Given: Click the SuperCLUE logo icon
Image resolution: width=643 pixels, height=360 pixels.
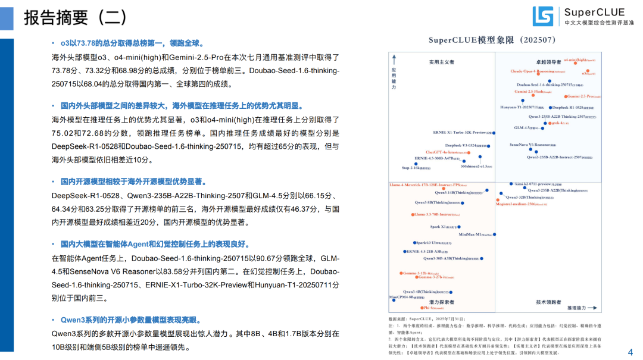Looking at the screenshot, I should pyautogui.click(x=542, y=16).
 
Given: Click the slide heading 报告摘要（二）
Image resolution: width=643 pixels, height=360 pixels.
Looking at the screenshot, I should pyautogui.click(x=75, y=18).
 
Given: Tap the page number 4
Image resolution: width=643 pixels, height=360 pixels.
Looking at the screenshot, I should pyautogui.click(x=630, y=352).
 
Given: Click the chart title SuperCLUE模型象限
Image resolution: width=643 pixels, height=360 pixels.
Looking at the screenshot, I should pyautogui.click(x=492, y=40).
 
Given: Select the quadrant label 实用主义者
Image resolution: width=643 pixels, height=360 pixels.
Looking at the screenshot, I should pyautogui.click(x=441, y=61).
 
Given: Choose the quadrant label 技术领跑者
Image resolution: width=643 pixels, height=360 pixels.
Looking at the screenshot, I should pyautogui.click(x=548, y=302).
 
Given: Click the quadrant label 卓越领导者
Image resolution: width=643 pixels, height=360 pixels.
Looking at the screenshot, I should pyautogui.click(x=548, y=61).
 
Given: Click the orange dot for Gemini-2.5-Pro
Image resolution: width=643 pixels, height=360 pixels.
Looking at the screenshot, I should pyautogui.click(x=565, y=96).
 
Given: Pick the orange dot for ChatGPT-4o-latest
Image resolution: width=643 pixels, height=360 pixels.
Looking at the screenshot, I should pyautogui.click(x=469, y=152).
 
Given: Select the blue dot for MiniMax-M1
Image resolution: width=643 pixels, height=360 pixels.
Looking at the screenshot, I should pyautogui.click(x=494, y=234).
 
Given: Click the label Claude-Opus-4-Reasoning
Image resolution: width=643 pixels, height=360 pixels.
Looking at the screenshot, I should pyautogui.click(x=532, y=71).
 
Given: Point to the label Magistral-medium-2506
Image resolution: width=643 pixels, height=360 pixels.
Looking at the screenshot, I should pyautogui.click(x=521, y=204).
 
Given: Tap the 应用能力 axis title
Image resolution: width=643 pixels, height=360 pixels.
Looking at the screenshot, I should pyautogui.click(x=394, y=78).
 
